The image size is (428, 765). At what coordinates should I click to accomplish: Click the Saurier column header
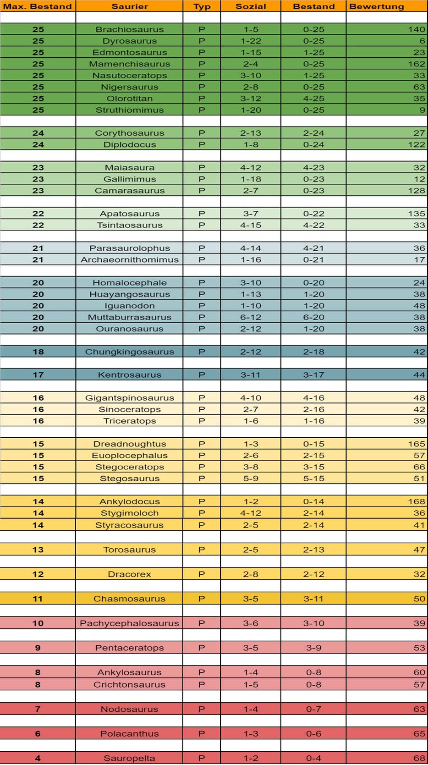coord(130,6)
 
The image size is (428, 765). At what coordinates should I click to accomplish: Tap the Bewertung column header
coord(377,6)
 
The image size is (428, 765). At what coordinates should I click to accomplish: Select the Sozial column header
coord(251,6)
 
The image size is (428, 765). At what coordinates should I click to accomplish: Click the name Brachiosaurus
coord(130,29)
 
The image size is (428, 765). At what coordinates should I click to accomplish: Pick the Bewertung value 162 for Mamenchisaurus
coord(416,64)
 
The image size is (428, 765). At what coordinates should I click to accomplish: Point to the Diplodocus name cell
coord(130,144)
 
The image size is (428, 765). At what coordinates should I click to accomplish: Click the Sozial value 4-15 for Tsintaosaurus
coord(251,225)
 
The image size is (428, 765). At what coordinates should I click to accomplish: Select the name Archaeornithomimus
coord(130,259)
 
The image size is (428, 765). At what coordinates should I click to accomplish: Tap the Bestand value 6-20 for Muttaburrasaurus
coord(313,317)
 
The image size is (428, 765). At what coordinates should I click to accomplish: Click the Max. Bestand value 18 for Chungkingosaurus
coord(38,352)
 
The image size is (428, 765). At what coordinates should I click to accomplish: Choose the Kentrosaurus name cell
coord(130,374)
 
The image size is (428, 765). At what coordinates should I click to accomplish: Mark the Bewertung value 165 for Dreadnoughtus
coord(416,444)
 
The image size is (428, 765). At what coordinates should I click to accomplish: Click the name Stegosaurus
coord(130,478)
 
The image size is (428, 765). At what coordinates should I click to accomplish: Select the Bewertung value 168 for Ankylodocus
coord(416,501)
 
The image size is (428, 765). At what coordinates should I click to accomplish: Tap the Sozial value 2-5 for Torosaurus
coord(251,550)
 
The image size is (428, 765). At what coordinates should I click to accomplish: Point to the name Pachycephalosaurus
coord(129,623)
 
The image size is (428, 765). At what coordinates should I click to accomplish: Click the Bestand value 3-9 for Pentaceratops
coord(313,648)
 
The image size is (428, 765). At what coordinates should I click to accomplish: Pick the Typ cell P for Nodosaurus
coord(202,709)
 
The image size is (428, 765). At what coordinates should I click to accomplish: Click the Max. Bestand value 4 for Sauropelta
coord(38,758)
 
